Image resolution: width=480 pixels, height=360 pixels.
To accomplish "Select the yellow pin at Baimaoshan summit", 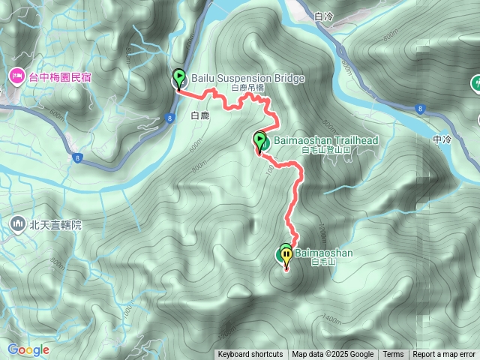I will pos(286,255).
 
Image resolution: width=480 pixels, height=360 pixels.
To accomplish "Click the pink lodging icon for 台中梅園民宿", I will pos(16,76).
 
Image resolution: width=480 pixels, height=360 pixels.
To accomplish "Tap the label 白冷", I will pos(324,16).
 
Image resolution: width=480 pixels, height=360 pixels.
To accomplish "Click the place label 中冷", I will pos(442,139).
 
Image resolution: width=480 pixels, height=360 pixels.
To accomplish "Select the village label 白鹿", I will pos(199,116).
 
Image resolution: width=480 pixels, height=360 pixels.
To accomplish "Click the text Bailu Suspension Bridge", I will pos(237,78).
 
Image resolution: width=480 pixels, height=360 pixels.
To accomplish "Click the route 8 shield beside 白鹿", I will pos(171,118).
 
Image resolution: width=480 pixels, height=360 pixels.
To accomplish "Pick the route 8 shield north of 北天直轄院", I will pos(77,157).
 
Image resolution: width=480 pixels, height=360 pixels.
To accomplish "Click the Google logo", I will pos(28,349).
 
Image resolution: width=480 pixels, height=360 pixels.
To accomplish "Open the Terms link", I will pos(393,355).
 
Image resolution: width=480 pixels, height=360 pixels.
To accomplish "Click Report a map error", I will pos(445,355).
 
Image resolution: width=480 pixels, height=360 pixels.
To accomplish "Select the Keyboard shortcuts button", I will pos(250,355).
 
